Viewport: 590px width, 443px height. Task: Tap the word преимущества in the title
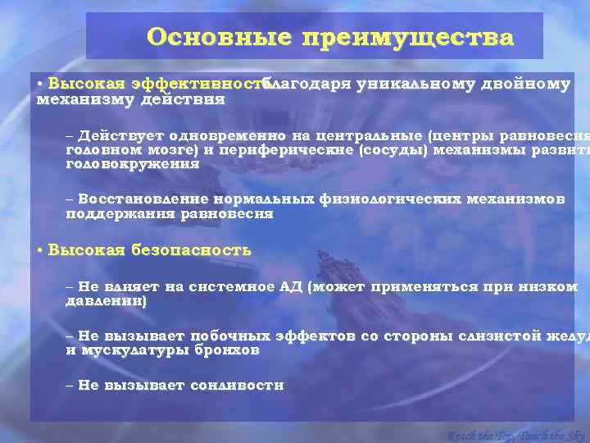click(x=407, y=38)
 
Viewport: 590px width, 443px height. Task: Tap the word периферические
click(x=338, y=150)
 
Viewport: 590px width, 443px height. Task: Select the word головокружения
click(x=132, y=164)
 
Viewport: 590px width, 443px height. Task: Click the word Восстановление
click(x=142, y=199)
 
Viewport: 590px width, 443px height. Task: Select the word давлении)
click(x=107, y=302)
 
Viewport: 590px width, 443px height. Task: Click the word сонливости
click(x=237, y=386)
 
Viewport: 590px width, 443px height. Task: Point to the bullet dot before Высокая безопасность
click(x=39, y=251)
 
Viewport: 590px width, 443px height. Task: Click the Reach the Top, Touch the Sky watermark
click(x=516, y=435)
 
